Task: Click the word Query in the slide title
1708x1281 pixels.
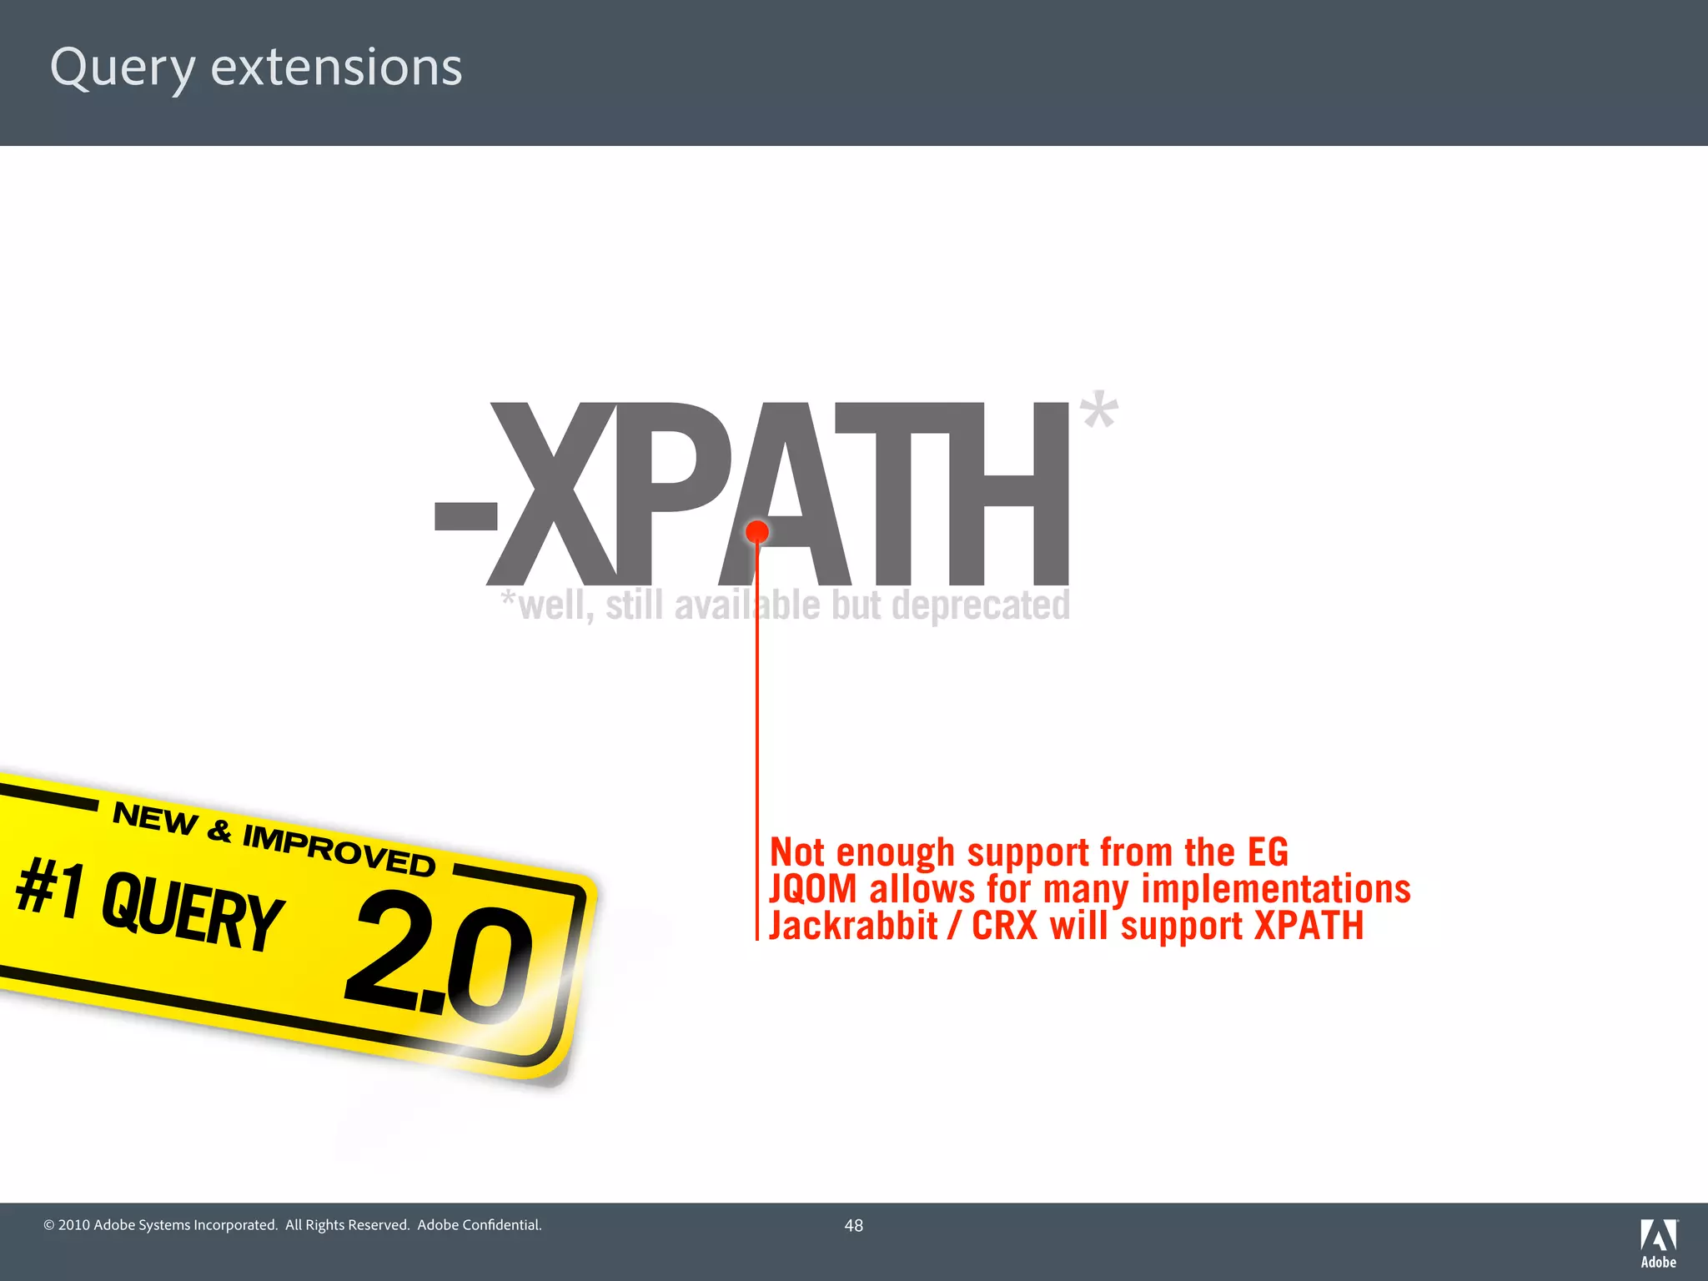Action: click(122, 68)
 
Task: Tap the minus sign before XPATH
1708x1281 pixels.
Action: click(465, 516)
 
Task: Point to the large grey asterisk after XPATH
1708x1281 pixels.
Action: click(1098, 410)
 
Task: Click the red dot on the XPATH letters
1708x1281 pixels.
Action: click(757, 531)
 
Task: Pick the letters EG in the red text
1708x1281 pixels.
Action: click(1268, 852)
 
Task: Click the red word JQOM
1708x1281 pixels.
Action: click(813, 889)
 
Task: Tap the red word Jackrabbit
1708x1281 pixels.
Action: click(853, 926)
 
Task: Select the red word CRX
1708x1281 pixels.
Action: click(1004, 926)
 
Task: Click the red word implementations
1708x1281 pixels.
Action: click(1275, 889)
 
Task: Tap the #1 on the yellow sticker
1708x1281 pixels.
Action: click(50, 888)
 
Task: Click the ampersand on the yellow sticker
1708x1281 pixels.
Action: click(219, 830)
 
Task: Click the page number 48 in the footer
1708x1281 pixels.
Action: click(853, 1225)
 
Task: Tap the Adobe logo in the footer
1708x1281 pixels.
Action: click(1658, 1243)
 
